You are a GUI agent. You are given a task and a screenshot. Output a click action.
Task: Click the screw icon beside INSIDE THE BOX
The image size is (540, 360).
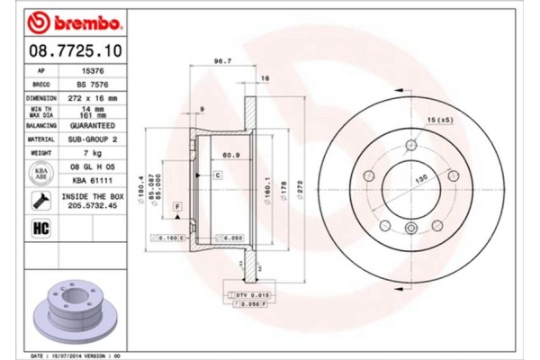pyautogui.click(x=41, y=201)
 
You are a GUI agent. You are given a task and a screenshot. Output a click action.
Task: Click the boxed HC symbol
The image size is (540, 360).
pyautogui.click(x=40, y=228)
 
